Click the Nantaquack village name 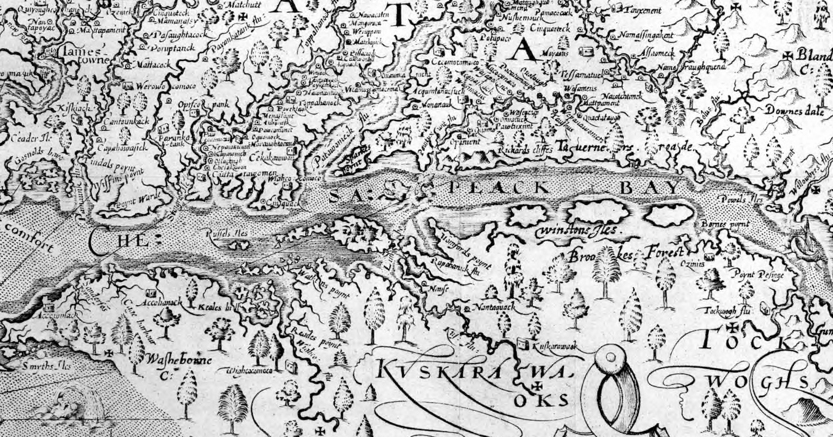492,306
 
